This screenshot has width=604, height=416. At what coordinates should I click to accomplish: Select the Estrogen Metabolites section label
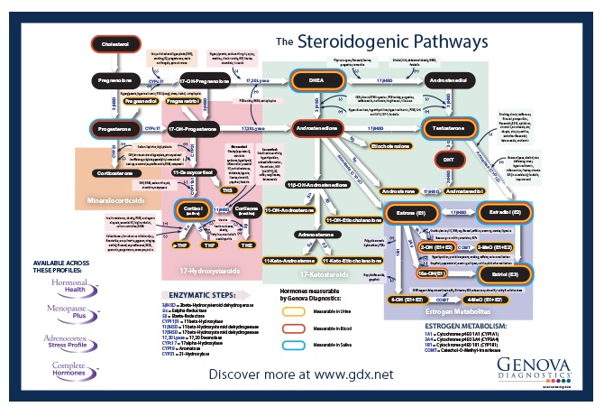pos(436,312)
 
